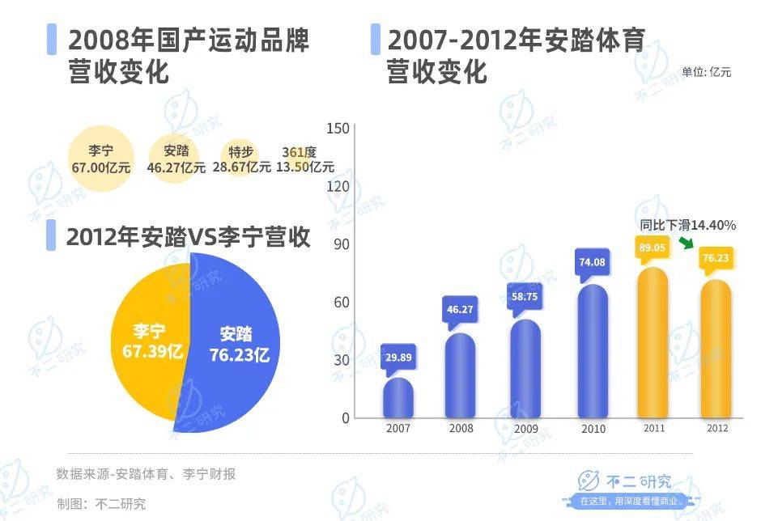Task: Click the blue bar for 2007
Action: coord(398,398)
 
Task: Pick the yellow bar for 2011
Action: coord(653,344)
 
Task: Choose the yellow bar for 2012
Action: coord(716,349)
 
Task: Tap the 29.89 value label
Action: coord(398,357)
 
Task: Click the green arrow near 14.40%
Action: coord(686,244)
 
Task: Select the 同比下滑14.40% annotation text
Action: coord(687,225)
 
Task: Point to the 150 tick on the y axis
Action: coord(339,128)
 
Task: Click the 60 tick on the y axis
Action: coord(341,302)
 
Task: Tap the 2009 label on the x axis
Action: coord(526,429)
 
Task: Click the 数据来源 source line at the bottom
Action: coord(146,474)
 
